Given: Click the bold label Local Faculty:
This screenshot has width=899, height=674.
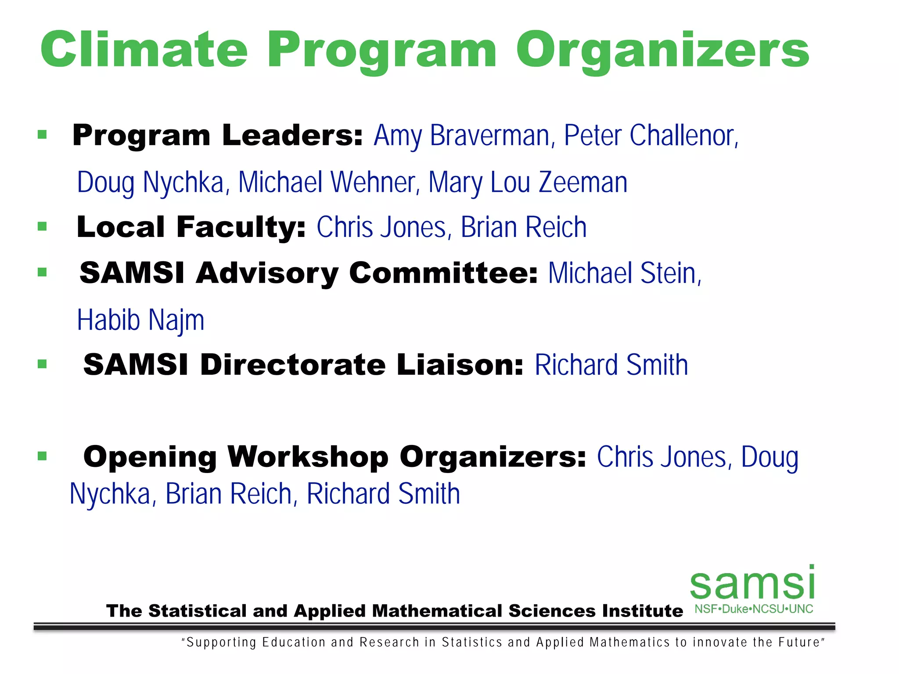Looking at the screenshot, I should click(191, 227).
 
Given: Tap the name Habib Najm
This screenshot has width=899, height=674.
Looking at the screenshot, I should click(140, 320).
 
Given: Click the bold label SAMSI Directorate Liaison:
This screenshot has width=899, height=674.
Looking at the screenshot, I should click(303, 365).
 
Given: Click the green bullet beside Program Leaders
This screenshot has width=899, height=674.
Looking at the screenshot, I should click(42, 135).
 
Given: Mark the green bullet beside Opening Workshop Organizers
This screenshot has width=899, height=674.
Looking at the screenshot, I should click(42, 456).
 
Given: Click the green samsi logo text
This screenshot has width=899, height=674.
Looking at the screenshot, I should click(752, 584).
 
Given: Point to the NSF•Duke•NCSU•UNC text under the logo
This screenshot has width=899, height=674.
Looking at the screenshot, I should click(754, 609).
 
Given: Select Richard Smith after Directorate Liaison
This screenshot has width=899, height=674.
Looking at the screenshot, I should click(611, 365).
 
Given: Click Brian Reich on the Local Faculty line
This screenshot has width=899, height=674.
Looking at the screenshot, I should click(523, 227).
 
